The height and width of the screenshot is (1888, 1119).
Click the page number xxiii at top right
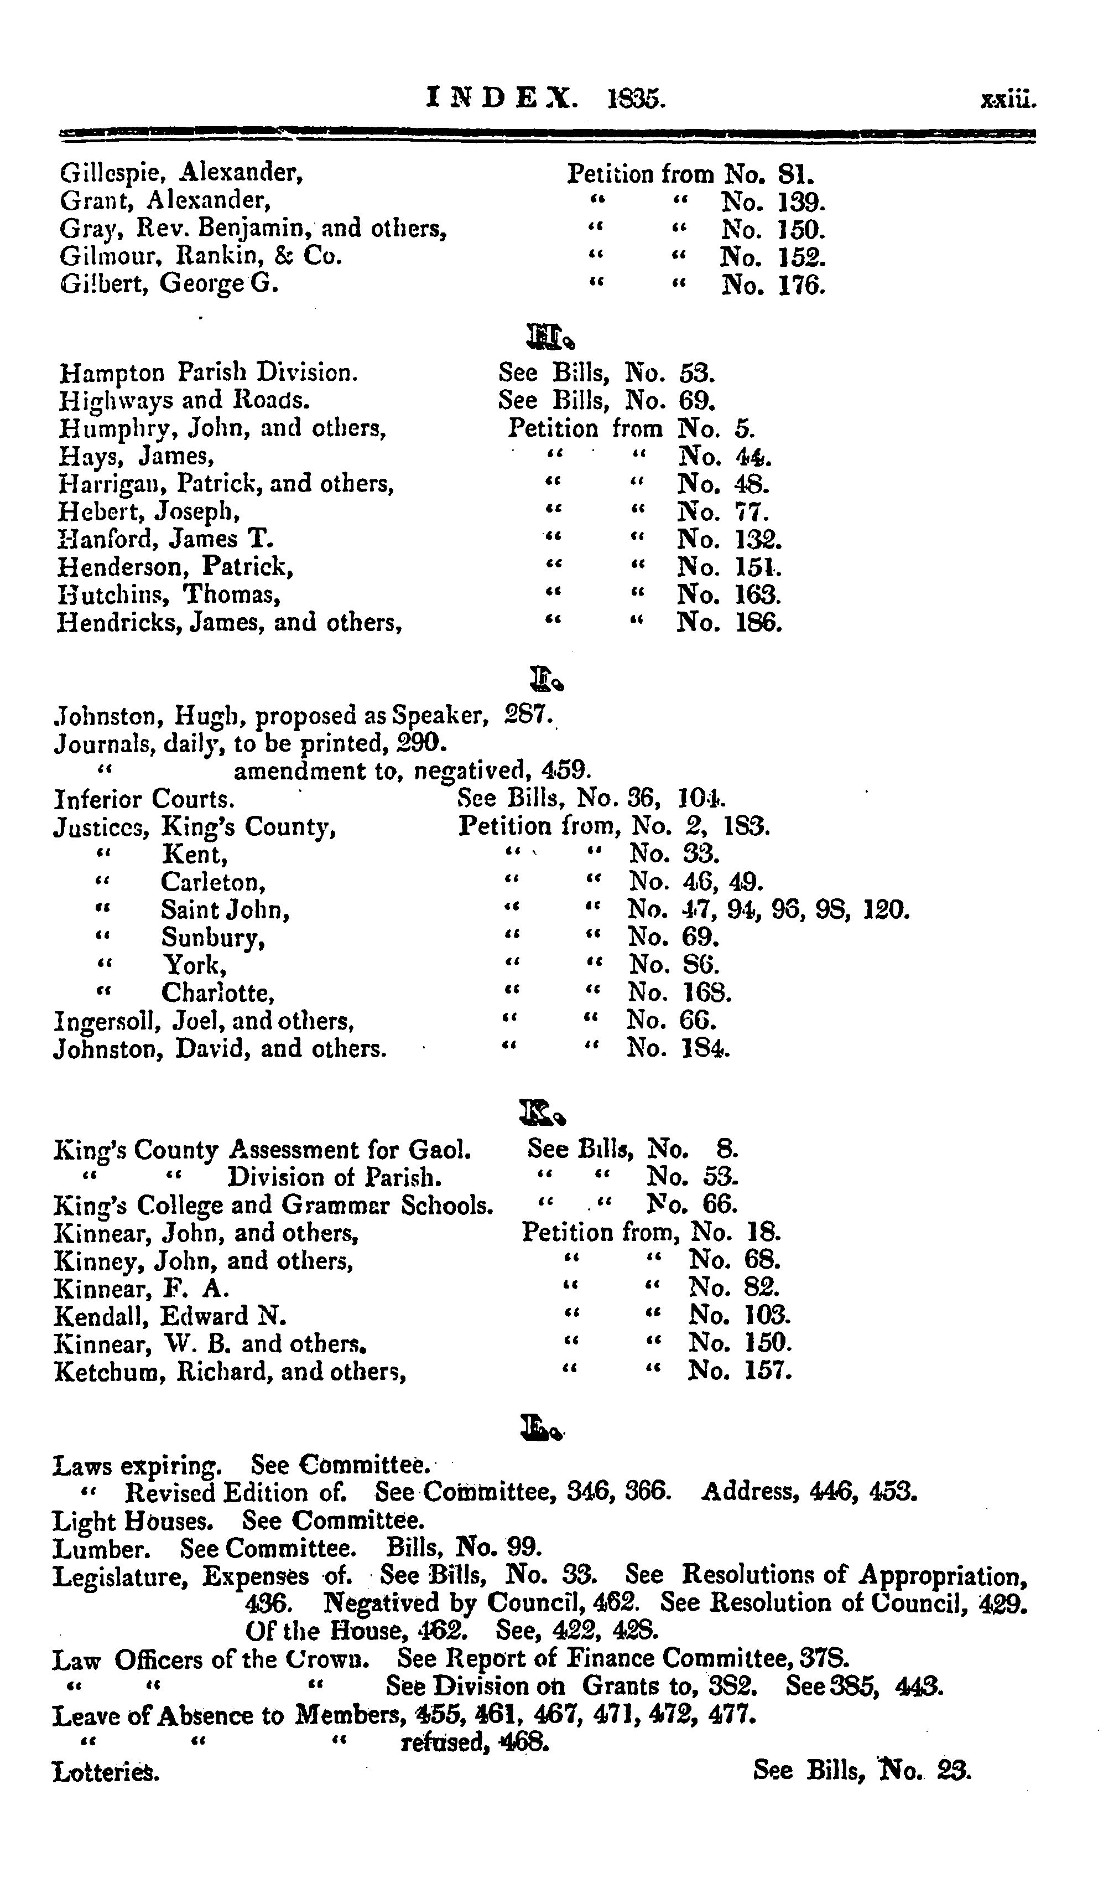[1009, 100]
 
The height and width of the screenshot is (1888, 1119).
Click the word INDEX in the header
[502, 98]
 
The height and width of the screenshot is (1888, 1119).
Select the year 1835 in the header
[636, 99]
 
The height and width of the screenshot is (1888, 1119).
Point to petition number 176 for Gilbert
[801, 286]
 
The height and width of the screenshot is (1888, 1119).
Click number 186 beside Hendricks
[758, 623]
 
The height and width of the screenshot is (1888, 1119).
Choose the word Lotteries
[106, 1772]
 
